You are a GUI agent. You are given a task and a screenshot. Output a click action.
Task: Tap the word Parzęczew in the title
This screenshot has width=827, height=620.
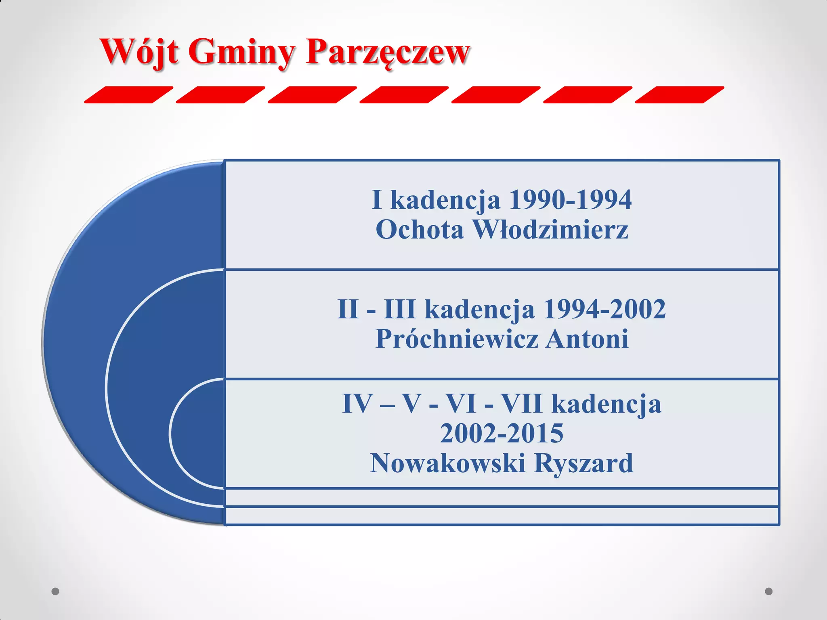(x=388, y=52)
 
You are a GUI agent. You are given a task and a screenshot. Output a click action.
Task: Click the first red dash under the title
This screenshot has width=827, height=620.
(x=128, y=95)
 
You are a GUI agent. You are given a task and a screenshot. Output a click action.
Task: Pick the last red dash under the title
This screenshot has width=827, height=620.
(x=680, y=95)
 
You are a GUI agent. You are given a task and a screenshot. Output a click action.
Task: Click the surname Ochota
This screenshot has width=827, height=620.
(x=420, y=230)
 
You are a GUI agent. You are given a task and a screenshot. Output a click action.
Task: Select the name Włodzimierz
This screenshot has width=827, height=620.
(x=551, y=230)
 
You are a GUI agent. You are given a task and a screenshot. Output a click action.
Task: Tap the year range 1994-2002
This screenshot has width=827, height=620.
(x=605, y=309)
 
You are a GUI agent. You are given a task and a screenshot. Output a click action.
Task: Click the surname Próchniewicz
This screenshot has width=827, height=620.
(x=457, y=339)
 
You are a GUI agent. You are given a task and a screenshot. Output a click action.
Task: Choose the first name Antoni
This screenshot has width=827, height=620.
(x=588, y=339)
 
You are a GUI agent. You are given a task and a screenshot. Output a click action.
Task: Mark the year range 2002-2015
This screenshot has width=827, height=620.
(x=502, y=434)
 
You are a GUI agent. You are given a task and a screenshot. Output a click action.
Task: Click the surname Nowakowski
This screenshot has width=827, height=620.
(x=447, y=463)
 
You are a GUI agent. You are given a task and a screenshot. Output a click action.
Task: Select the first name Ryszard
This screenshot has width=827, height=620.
(x=584, y=463)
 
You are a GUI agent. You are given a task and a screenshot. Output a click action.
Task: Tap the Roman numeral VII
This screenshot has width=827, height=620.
(x=521, y=404)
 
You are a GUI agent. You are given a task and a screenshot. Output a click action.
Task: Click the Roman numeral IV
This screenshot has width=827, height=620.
(x=357, y=404)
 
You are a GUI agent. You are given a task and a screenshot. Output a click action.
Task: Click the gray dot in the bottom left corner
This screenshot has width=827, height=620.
(x=55, y=591)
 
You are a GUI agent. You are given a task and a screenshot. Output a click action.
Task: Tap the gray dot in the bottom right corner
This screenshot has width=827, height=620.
(x=769, y=591)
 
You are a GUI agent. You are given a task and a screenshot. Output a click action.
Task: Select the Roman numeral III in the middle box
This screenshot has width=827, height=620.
(x=399, y=309)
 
